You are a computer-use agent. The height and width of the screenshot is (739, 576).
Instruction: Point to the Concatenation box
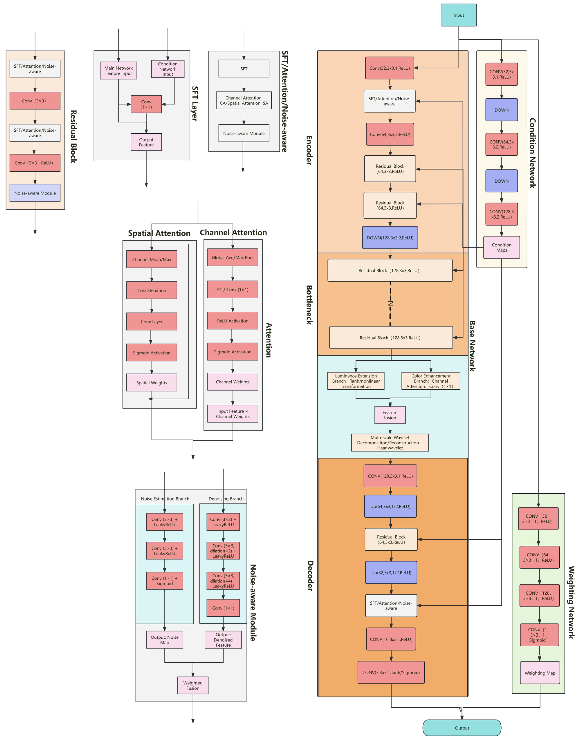pyautogui.click(x=152, y=290)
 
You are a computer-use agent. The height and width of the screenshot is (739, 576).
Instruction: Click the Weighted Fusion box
pyautogui.click(x=193, y=685)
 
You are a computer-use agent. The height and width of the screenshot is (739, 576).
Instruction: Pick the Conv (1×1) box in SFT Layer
pyautogui.click(x=146, y=104)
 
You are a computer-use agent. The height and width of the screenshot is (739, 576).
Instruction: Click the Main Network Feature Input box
pyautogui.click(x=118, y=70)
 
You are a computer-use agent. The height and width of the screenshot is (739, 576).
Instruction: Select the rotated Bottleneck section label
pyautogui.click(x=309, y=305)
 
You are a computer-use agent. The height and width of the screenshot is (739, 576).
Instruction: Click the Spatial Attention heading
pyautogui.click(x=159, y=233)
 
